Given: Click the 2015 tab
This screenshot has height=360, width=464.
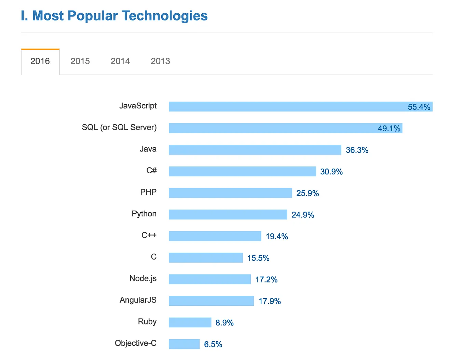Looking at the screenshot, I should click(x=80, y=61).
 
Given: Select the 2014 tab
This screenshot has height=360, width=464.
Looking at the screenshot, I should click(x=120, y=61).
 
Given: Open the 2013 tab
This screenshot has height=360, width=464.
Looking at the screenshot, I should click(x=160, y=61).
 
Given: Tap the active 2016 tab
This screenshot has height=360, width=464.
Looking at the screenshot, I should click(x=40, y=61).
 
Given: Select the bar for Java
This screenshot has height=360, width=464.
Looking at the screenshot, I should click(x=255, y=150).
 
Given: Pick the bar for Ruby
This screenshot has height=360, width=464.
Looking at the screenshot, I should click(x=190, y=322).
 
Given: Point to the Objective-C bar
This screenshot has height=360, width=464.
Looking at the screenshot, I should click(x=184, y=344).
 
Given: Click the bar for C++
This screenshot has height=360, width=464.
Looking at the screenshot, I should click(x=215, y=236).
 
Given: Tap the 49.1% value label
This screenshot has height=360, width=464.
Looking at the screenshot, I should click(x=389, y=129).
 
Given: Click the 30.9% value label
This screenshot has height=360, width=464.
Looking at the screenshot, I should click(x=331, y=172).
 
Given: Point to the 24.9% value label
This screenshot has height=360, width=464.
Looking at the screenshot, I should click(x=303, y=215).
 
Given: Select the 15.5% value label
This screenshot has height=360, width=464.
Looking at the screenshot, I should click(x=258, y=258).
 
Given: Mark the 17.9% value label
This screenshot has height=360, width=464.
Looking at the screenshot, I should click(x=270, y=301).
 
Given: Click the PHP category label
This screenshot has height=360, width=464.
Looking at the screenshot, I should click(x=148, y=192).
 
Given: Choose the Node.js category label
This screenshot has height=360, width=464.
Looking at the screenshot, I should click(x=143, y=279).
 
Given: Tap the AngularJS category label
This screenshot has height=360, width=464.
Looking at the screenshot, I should click(x=138, y=300).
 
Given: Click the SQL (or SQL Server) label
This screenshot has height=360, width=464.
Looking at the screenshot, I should click(x=119, y=128).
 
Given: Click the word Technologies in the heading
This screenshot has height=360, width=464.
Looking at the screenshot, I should click(x=165, y=16).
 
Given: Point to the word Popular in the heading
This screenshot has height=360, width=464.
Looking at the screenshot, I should click(x=93, y=16).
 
